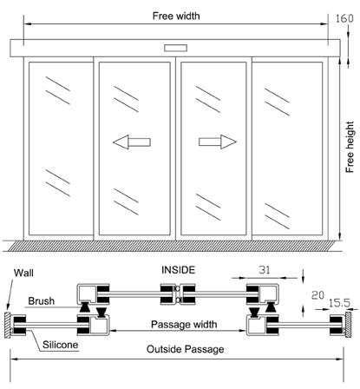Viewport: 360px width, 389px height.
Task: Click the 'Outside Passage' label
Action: click(x=184, y=349)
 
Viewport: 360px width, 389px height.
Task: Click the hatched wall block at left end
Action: click(x=8, y=327)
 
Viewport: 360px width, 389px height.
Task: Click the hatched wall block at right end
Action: click(x=348, y=327)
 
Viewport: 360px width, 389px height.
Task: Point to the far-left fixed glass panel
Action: click(x=58, y=149)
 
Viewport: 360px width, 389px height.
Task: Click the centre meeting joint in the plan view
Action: click(x=177, y=295)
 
